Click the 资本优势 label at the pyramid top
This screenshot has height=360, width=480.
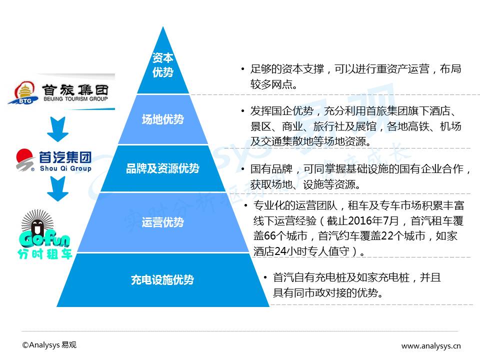(162, 65)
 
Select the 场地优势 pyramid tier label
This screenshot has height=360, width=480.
(162, 119)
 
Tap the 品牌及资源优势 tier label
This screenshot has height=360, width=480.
(162, 168)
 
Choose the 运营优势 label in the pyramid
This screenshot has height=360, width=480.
(162, 222)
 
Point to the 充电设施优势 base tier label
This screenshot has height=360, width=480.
(162, 280)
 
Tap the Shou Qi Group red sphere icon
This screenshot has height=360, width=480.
(26, 159)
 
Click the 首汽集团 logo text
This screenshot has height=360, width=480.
(65, 157)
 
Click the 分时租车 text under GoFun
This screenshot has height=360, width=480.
(44, 253)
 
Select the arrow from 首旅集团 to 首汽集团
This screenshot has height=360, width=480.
(58, 129)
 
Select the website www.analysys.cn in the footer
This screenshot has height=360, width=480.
(431, 345)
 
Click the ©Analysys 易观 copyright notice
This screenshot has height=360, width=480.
(49, 345)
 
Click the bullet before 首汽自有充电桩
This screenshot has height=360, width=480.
(265, 277)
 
